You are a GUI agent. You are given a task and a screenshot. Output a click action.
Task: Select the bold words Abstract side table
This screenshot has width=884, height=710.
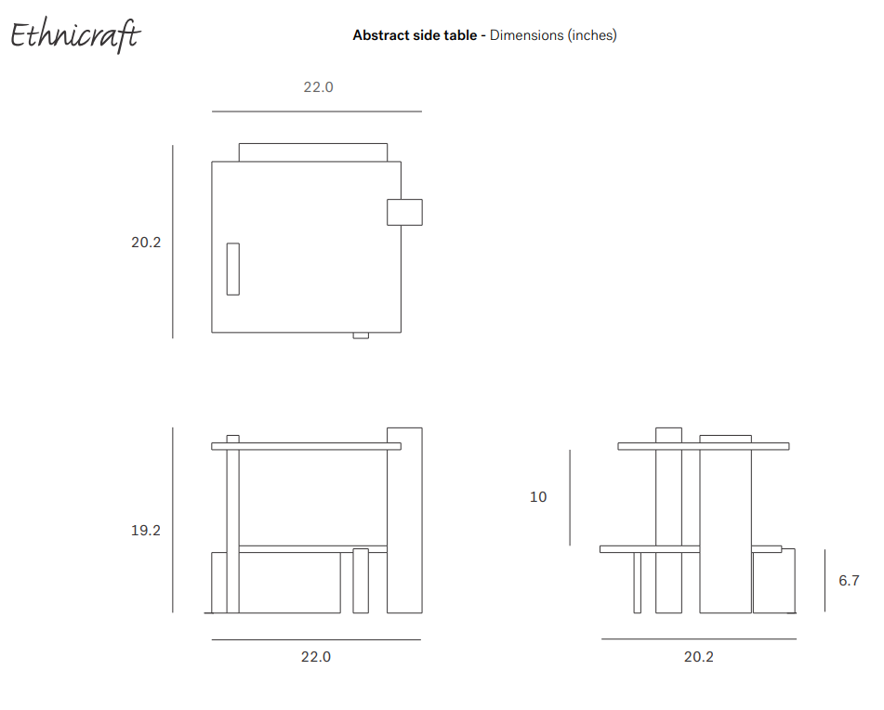pyautogui.click(x=414, y=35)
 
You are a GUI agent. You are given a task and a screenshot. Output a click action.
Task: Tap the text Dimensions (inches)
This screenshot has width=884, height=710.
pyautogui.click(x=553, y=35)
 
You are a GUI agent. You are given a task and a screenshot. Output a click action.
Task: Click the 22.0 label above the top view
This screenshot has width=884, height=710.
pyautogui.click(x=318, y=87)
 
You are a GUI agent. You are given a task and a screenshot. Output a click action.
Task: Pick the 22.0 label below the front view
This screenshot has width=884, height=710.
pyautogui.click(x=316, y=657)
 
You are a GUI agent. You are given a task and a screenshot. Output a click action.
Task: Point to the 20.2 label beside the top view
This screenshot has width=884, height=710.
pyautogui.click(x=146, y=243)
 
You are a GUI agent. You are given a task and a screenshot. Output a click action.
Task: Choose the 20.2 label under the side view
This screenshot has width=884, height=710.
pyautogui.click(x=699, y=657)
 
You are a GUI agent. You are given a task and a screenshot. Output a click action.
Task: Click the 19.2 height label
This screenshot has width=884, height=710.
pyautogui.click(x=146, y=531)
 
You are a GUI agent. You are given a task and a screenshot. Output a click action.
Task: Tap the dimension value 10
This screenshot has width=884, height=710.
pyautogui.click(x=538, y=497)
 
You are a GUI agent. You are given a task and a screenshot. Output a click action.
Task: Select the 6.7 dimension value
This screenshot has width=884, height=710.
pyautogui.click(x=849, y=581)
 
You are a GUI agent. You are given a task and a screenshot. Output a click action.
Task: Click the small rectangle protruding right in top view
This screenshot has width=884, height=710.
pyautogui.click(x=404, y=212)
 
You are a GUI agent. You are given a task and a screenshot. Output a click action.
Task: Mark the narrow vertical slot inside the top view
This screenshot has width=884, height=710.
pyautogui.click(x=232, y=270)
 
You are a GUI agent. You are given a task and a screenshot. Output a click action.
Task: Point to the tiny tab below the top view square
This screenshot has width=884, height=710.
pyautogui.click(x=361, y=335)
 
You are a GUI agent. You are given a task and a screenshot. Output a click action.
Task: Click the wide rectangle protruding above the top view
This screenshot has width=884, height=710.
pyautogui.click(x=313, y=152)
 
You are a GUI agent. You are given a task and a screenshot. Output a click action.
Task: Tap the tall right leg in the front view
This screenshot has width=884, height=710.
pyautogui.click(x=404, y=520)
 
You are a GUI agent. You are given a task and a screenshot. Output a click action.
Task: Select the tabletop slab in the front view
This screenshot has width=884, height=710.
pyautogui.click(x=306, y=446)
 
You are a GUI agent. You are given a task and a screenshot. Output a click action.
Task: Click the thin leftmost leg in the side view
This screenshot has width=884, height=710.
pyautogui.click(x=637, y=583)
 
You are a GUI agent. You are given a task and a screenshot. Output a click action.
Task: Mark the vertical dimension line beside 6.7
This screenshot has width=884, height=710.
pyautogui.click(x=825, y=580)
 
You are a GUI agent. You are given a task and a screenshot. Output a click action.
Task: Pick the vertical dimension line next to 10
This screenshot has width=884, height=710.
pyautogui.click(x=570, y=497)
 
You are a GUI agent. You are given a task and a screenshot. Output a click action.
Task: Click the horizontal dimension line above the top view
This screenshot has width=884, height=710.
pyautogui.click(x=316, y=112)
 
